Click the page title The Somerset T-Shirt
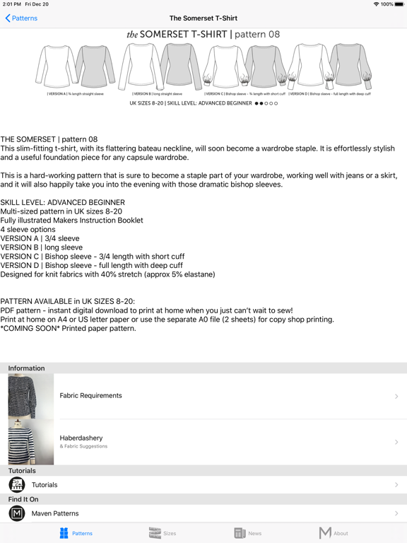[x=203, y=18]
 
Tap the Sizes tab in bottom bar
[x=163, y=533]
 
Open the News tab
[x=248, y=533]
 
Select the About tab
[x=333, y=533]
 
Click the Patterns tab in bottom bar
[x=76, y=533]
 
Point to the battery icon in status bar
[x=400, y=4]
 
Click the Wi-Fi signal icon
[x=376, y=4]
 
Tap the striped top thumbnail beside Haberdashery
[x=30, y=442]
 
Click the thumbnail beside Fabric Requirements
[x=30, y=396]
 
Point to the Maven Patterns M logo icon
[x=17, y=513]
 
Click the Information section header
[x=26, y=368]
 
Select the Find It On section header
[x=23, y=499]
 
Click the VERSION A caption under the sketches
[x=76, y=93]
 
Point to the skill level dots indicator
[x=266, y=103]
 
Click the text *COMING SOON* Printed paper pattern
[x=68, y=328]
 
